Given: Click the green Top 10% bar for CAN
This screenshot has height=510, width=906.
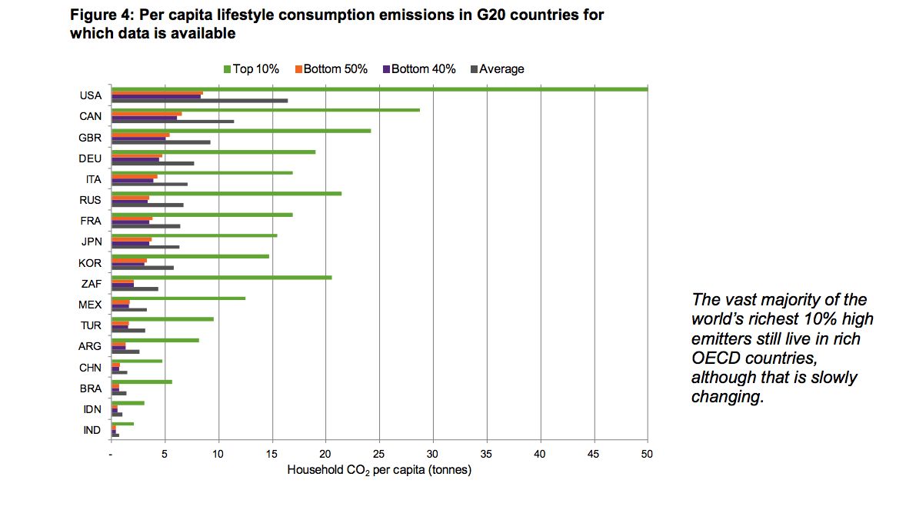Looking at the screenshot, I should point(265,110).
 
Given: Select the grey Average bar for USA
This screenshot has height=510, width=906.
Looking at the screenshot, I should point(200,101).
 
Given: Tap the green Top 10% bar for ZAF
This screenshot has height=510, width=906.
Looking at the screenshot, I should point(222,277).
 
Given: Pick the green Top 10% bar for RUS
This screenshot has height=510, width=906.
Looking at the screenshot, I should point(226,193).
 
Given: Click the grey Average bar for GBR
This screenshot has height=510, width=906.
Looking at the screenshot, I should point(161,142).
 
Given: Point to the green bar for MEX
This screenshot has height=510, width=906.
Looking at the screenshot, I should point(178,298).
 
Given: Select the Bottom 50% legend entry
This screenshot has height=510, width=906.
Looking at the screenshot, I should point(335,69).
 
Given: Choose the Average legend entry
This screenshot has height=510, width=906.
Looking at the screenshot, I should point(501,69).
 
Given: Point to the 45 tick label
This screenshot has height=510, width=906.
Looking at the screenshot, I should point(593,455).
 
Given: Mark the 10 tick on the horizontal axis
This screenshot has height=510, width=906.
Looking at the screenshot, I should point(218,455).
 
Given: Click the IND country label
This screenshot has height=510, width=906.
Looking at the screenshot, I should point(92,430).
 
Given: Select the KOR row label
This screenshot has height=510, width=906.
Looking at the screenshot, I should point(90,263).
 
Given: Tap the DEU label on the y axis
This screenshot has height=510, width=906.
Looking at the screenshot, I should point(90,158).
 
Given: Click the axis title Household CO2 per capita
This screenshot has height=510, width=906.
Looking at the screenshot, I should point(378,470).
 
